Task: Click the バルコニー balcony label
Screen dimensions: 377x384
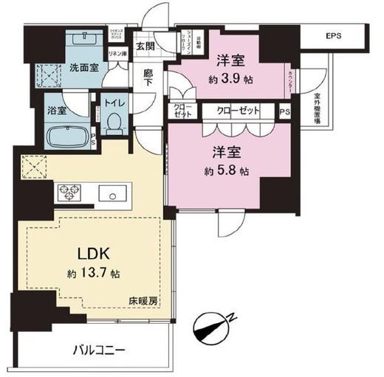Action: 98,349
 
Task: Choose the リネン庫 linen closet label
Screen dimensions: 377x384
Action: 117,54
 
